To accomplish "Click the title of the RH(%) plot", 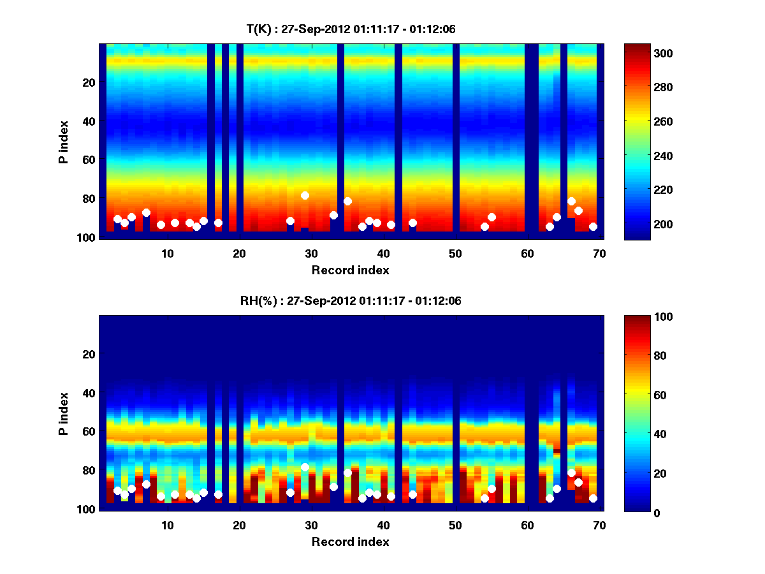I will pyautogui.click(x=346, y=301).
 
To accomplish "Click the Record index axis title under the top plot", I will pyautogui.click(x=350, y=270).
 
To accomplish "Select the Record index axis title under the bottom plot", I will pyautogui.click(x=350, y=541).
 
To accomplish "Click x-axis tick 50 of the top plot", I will pyautogui.click(x=455, y=253).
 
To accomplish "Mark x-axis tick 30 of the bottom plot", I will pyautogui.click(x=311, y=525).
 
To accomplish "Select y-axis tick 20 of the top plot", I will pyautogui.click(x=88, y=82).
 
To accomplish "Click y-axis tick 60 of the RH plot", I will pyautogui.click(x=88, y=431).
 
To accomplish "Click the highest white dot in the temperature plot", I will pyautogui.click(x=305, y=195).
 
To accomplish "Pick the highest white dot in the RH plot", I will pyautogui.click(x=305, y=467).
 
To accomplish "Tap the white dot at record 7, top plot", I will pyautogui.click(x=146, y=212).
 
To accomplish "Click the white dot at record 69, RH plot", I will pyautogui.click(x=593, y=498).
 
